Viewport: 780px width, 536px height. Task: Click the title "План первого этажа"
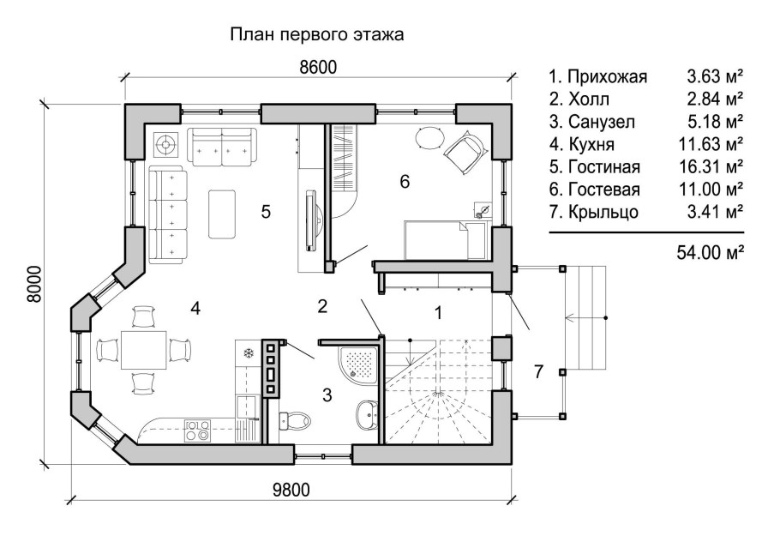pos(316,35)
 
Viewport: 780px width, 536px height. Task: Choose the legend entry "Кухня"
pos(583,143)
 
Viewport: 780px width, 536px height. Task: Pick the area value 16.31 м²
pos(714,166)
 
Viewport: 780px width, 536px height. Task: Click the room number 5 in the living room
pos(267,211)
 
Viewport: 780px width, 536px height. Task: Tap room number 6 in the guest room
pos(405,181)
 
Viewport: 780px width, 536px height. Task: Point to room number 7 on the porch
pos(538,371)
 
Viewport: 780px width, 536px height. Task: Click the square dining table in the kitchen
pos(143,349)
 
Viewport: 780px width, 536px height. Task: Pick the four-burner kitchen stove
pos(197,429)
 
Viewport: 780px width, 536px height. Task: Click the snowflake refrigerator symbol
pos(248,352)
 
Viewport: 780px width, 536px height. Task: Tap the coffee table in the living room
pos(225,214)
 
